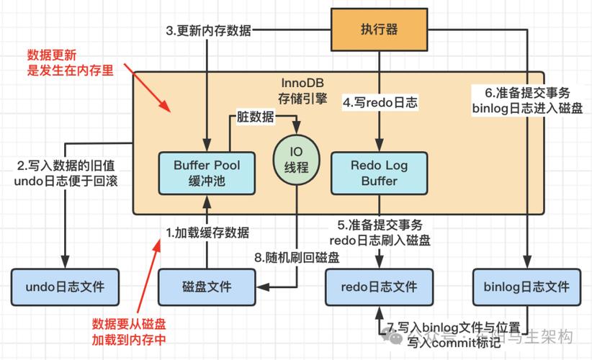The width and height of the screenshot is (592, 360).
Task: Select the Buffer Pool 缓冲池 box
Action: (207, 173)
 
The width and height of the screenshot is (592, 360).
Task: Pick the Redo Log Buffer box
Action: (379, 173)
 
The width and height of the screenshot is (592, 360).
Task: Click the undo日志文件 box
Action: (65, 287)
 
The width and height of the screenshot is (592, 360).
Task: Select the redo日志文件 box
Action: (380, 287)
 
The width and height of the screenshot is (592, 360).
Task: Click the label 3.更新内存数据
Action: (209, 30)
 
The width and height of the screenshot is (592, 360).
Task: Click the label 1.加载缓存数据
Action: (208, 232)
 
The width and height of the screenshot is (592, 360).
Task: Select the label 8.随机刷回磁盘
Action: (297, 257)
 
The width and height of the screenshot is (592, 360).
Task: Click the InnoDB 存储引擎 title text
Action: (303, 90)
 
